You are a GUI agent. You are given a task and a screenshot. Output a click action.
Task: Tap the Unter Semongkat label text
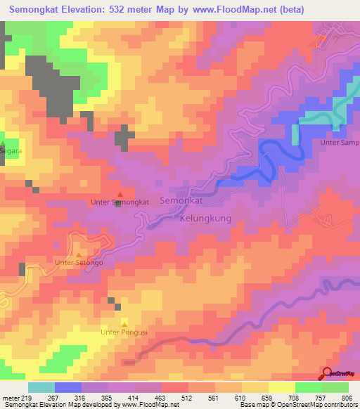tap(120, 202)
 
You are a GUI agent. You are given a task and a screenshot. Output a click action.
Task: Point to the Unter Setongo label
tap(79, 263)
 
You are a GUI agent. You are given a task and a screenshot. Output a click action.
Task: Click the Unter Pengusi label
tap(124, 332)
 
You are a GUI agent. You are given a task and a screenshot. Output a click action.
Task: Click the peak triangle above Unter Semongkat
tap(120, 194)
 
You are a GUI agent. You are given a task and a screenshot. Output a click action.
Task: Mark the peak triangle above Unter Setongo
tap(79, 254)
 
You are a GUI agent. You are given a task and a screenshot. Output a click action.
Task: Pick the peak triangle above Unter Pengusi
tap(124, 323)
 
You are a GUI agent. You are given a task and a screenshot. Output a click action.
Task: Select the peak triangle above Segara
tap(3, 143)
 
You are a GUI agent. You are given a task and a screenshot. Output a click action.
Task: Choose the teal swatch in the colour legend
tap(41, 387)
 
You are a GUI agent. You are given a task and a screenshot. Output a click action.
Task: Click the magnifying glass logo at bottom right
tap(328, 374)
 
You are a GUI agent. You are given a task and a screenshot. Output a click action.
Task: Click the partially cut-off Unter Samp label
tap(340, 143)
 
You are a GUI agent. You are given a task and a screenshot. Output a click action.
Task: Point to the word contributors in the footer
tap(340, 405)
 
